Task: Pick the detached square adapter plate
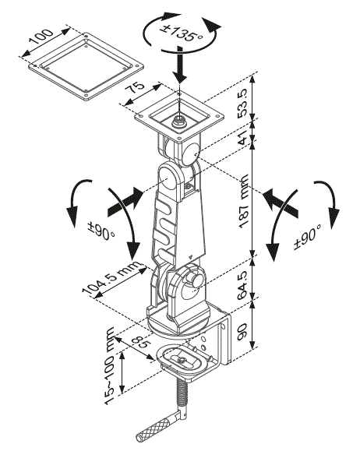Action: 84,66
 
